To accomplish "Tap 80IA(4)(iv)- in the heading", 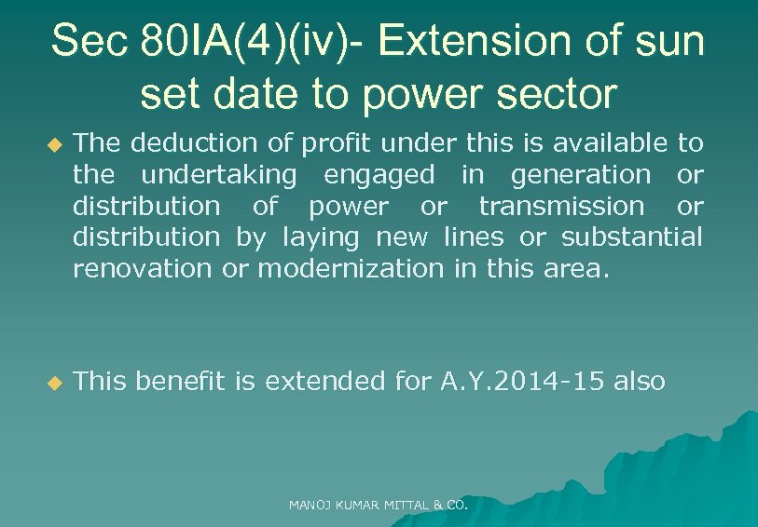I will pyautogui.click(x=253, y=41).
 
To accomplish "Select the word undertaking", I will pyautogui.click(x=219, y=174).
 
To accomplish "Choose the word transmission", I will pyautogui.click(x=560, y=206).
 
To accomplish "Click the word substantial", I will pyautogui.click(x=631, y=237).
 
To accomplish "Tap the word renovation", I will pyautogui.click(x=142, y=269).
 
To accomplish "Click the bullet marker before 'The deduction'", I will pyautogui.click(x=54, y=145).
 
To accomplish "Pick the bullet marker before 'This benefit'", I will pyautogui.click(x=54, y=383).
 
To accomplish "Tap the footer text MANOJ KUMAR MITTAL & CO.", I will pyautogui.click(x=378, y=506).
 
